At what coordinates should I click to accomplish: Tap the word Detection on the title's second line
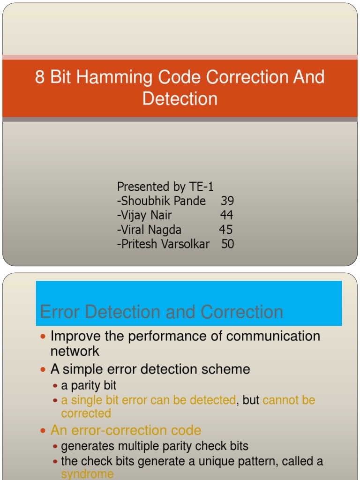180,99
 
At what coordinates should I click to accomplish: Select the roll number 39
227,201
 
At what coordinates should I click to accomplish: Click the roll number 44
227,215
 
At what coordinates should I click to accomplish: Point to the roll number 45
226,230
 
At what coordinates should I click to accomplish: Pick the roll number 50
228,244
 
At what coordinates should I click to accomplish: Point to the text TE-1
202,187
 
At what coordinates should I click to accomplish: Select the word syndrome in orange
87,474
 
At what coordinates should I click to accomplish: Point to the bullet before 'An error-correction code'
44,431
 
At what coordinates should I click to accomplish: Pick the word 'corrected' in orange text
86,413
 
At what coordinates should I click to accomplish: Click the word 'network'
75,351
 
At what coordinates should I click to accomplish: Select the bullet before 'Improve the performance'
44,337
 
